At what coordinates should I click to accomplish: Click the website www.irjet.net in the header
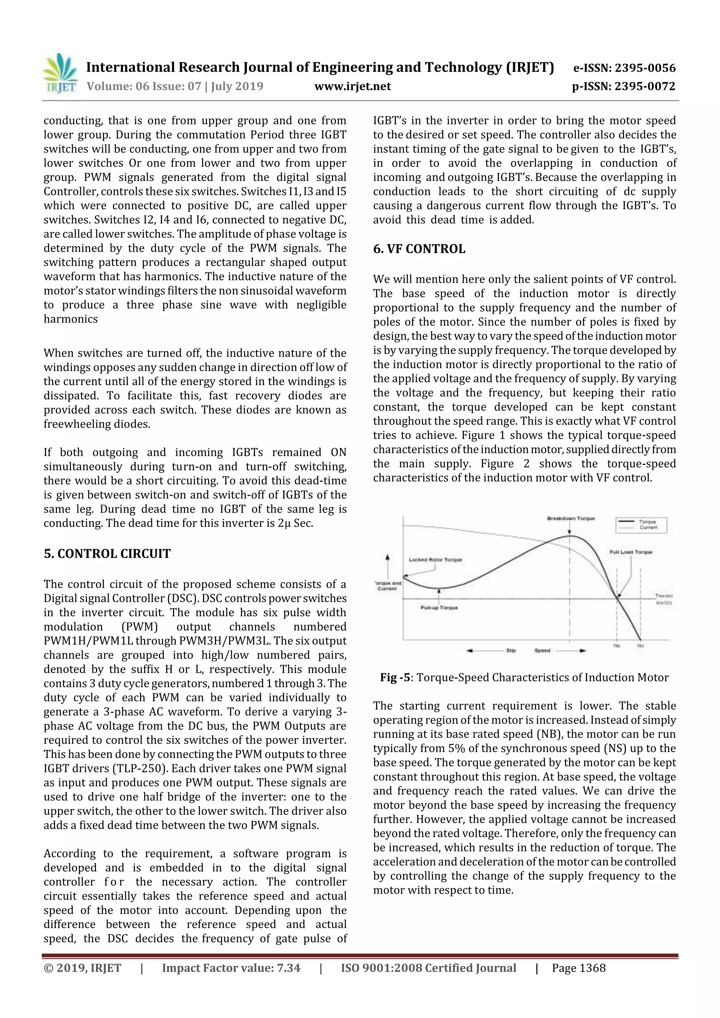352,86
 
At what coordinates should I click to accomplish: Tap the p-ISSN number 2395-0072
644,86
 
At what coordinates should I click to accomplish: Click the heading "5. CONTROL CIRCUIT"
107,554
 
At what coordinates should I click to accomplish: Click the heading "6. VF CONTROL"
419,249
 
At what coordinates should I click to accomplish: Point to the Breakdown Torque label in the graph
571,518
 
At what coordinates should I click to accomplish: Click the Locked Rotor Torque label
435,560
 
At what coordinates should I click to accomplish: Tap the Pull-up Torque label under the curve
439,608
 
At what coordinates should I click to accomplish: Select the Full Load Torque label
631,552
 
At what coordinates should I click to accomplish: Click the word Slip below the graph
510,650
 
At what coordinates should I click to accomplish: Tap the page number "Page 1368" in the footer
578,967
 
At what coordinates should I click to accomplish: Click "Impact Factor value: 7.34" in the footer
231,967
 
